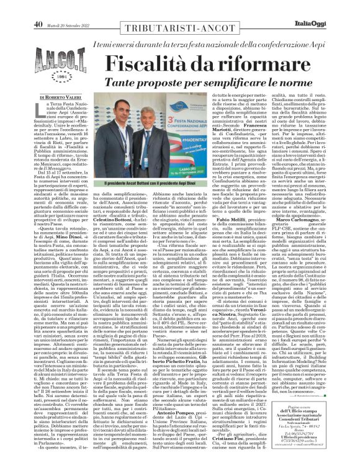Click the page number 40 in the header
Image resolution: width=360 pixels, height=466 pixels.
click(37, 6)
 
